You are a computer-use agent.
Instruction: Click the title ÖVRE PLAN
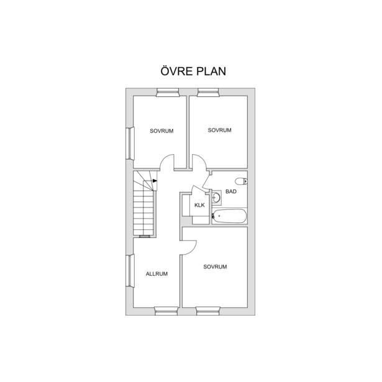tap(193, 71)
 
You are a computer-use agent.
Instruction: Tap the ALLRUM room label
tap(157, 274)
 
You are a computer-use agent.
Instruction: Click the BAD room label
tap(231, 191)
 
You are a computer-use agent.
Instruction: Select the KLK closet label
tap(199, 205)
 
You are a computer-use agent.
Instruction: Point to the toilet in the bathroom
tap(241, 181)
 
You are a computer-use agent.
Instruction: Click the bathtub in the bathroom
tap(229, 216)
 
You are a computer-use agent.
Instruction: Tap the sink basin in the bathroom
tap(216, 197)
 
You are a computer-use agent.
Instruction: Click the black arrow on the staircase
tap(155, 181)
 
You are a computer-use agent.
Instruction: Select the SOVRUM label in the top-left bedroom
tap(161, 131)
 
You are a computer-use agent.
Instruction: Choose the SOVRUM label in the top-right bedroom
tap(219, 130)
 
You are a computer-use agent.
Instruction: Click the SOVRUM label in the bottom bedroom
tap(215, 266)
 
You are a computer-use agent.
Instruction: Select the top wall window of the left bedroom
tap(168, 93)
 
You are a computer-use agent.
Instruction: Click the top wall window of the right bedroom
tap(208, 93)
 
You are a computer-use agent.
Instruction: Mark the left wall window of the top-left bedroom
tap(130, 143)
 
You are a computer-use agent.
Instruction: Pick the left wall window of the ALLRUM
tap(130, 271)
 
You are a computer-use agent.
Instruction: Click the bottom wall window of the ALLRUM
tap(166, 311)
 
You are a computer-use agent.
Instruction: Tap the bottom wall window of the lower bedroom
tap(208, 311)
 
